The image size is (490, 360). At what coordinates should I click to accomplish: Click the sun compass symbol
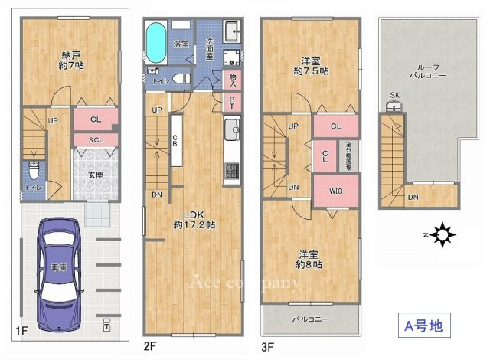point(442,235)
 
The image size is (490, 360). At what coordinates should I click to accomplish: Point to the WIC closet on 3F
point(335,191)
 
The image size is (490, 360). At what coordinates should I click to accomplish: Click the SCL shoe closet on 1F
point(96,139)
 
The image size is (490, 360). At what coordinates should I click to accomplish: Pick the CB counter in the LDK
point(175,140)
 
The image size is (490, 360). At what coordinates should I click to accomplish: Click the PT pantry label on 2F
point(232,102)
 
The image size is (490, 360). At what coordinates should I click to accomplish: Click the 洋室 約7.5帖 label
point(311,64)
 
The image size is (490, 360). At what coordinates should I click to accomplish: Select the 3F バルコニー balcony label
point(309,319)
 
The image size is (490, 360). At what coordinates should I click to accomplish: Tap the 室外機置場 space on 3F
point(348,155)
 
